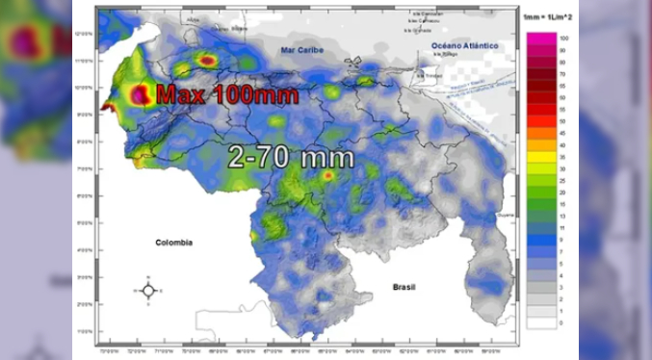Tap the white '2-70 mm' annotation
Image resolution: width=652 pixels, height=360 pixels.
290,157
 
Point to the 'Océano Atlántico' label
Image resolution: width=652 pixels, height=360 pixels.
464,45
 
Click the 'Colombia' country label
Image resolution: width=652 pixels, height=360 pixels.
173,243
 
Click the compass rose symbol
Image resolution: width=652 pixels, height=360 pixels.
148,290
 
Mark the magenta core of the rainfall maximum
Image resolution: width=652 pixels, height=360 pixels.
141,94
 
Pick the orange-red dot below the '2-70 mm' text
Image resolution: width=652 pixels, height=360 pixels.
327,176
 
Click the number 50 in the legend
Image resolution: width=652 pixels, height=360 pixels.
562,120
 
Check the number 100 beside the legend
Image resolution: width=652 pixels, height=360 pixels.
563,38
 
